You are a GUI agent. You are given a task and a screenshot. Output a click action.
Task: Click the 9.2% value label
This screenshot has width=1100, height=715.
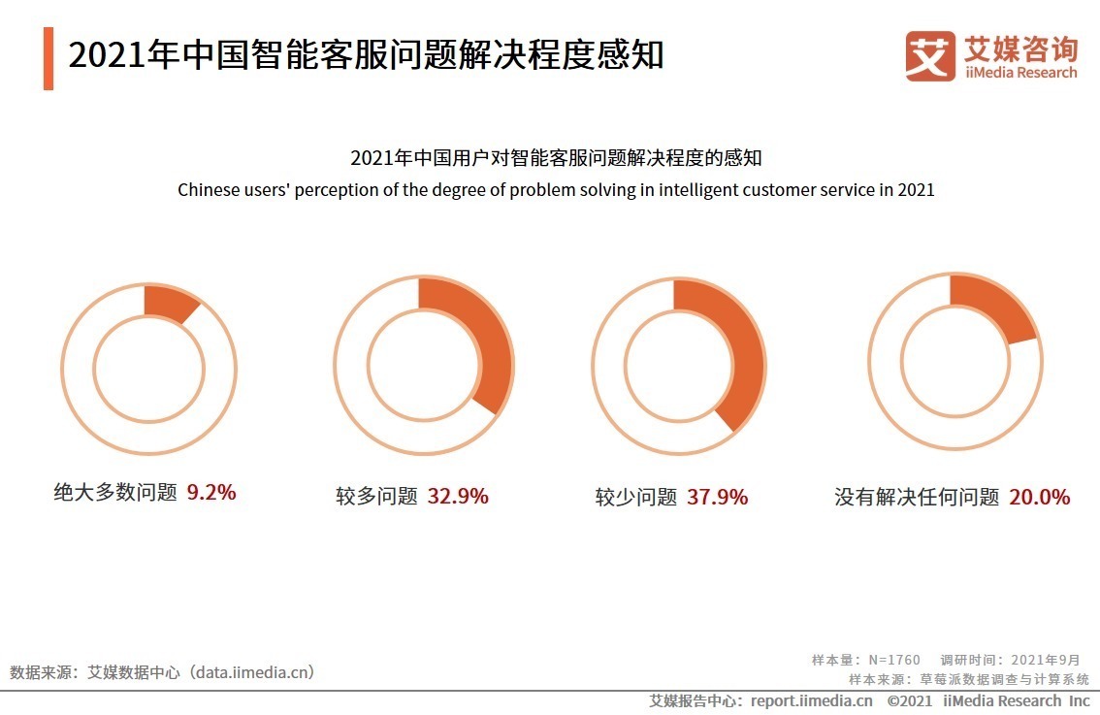[x=211, y=492]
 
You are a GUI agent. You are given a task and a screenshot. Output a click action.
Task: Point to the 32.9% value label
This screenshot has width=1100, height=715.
[x=458, y=497]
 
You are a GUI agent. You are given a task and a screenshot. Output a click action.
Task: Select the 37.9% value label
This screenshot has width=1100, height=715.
[x=717, y=497]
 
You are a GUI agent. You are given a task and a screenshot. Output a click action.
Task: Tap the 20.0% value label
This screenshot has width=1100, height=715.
[x=1039, y=497]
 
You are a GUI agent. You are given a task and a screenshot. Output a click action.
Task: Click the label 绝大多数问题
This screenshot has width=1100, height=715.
[x=115, y=493]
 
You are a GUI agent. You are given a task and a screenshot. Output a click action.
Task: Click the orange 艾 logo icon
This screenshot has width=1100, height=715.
[x=929, y=56]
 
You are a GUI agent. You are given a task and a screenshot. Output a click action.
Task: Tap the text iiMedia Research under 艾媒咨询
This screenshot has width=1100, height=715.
[x=1020, y=73]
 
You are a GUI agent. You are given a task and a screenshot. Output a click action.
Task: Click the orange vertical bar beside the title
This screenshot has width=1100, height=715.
[x=49, y=58]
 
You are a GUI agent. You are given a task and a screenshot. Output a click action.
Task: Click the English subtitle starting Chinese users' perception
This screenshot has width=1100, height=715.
[x=556, y=190]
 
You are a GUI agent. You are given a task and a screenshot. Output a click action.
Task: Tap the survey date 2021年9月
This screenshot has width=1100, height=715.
[x=1045, y=660]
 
